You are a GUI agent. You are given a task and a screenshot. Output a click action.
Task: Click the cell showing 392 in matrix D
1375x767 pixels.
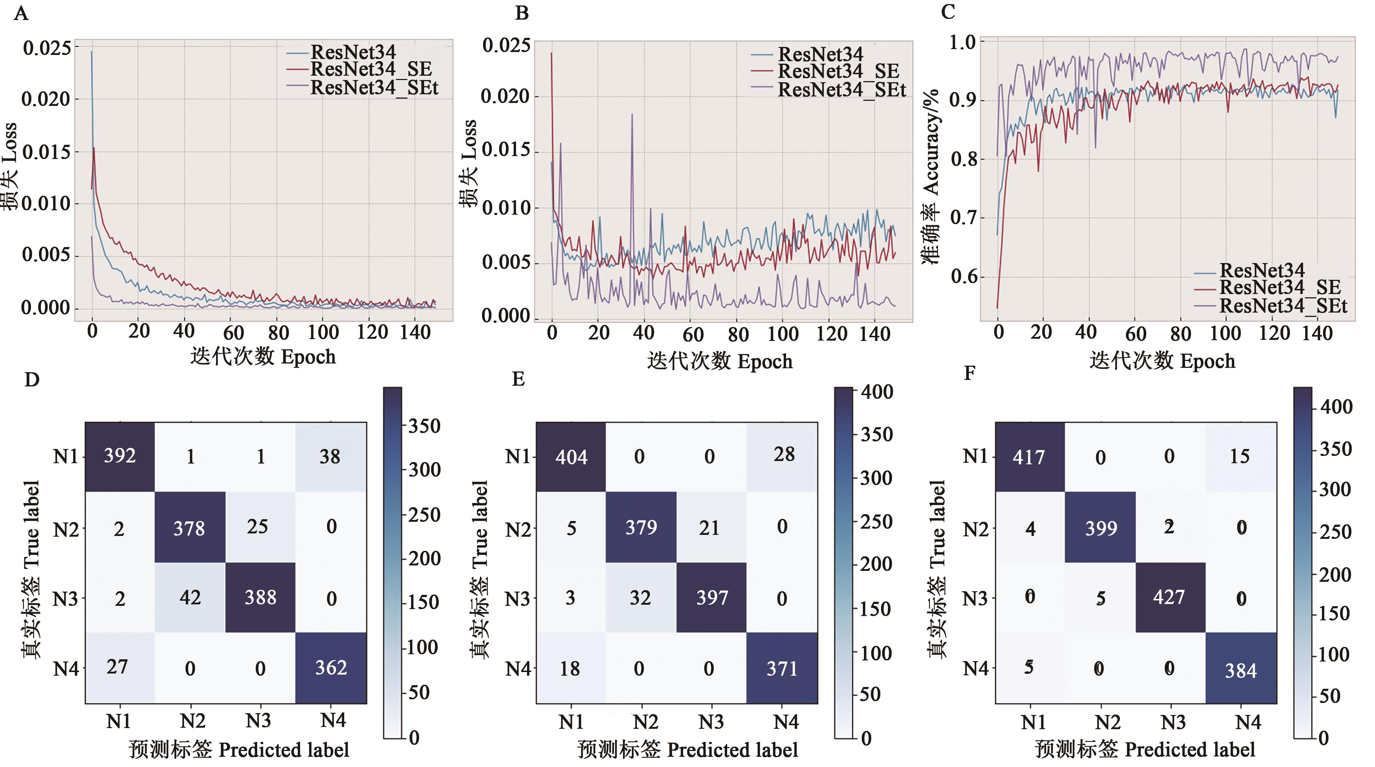click(120, 456)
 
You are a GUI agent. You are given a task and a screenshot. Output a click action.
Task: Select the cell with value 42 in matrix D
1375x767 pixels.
click(190, 597)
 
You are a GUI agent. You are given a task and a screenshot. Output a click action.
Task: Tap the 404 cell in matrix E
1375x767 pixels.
click(571, 457)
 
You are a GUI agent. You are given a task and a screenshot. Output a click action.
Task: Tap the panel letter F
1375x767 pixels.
click(969, 373)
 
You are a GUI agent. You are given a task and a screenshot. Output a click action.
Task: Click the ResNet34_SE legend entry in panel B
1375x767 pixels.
click(838, 71)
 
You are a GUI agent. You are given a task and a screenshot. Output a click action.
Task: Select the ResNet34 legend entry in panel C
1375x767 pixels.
click(1262, 271)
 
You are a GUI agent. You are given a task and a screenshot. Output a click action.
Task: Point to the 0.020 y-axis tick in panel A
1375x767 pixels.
click(46, 99)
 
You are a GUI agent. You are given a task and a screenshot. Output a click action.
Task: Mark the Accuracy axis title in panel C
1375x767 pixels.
click(930, 176)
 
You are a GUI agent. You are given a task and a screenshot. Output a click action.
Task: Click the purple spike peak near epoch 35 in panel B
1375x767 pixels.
click(632, 114)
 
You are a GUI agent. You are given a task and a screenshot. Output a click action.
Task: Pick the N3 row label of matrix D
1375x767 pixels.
click(65, 599)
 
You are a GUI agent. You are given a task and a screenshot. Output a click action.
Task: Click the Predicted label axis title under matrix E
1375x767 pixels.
click(687, 750)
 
